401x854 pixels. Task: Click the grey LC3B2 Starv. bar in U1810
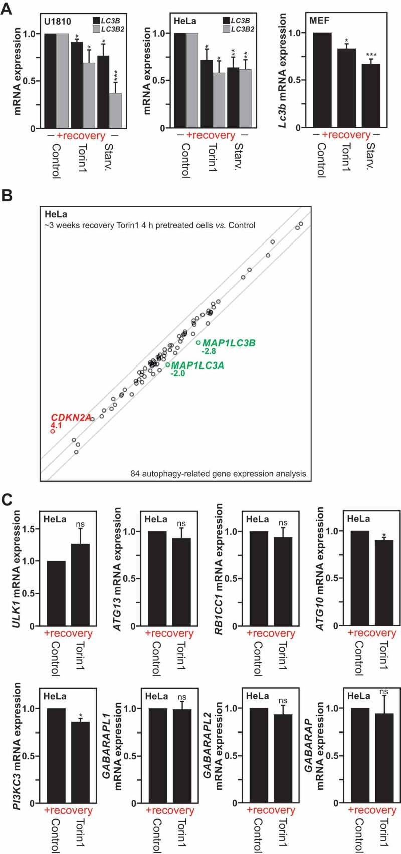[x=115, y=111]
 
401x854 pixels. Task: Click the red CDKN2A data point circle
[x=52, y=431]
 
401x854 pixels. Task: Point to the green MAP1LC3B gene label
[x=229, y=343]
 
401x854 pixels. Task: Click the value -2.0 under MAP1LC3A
[x=178, y=374]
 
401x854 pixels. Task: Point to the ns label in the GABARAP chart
[x=384, y=692]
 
